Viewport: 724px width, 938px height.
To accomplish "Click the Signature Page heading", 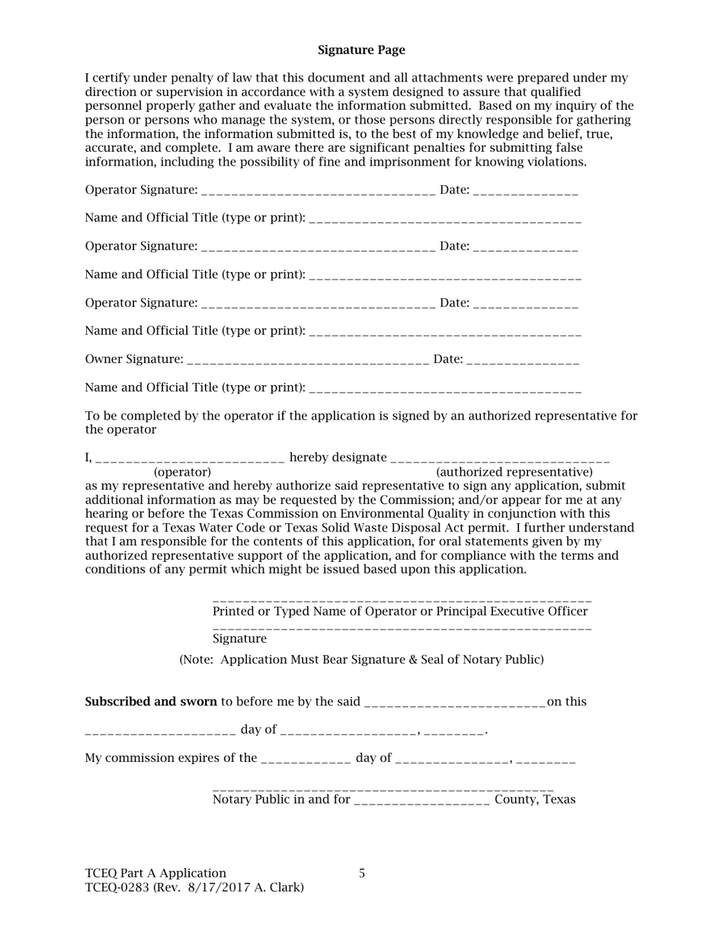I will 361,50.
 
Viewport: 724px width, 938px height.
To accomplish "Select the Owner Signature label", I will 134,359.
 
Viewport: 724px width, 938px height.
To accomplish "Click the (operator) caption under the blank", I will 182,472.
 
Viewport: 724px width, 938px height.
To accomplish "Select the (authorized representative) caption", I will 514,472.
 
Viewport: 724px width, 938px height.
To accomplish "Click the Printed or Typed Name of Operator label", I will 400,612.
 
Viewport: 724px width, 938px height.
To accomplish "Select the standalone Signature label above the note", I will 239,638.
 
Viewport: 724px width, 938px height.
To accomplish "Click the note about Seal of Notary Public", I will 361,660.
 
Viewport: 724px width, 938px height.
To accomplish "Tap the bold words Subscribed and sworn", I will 151,702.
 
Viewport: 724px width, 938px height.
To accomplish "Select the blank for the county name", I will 422,801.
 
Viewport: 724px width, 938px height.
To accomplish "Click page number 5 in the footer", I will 362,873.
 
